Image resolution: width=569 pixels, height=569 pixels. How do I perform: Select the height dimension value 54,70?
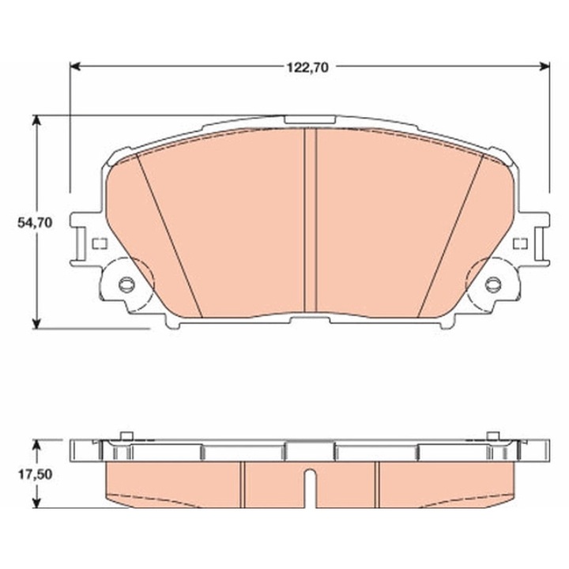(x=35, y=224)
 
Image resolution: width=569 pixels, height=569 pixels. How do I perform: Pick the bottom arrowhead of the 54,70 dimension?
(x=36, y=324)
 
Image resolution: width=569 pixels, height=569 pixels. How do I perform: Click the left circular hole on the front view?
(x=125, y=284)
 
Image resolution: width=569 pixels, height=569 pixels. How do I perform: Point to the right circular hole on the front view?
(x=493, y=284)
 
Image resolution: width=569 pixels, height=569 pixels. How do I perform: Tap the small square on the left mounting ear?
(x=99, y=243)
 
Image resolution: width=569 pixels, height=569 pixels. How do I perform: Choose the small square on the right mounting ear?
(x=519, y=243)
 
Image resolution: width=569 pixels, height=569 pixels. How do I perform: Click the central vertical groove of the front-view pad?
(x=310, y=221)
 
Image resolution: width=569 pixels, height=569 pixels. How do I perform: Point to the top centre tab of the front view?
(x=309, y=119)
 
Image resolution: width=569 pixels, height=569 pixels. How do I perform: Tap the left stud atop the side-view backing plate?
(x=124, y=435)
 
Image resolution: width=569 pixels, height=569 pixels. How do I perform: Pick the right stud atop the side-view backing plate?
(x=493, y=435)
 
